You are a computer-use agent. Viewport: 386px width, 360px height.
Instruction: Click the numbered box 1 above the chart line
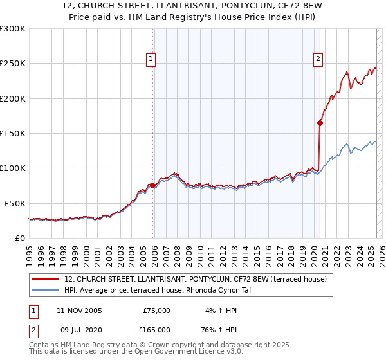(151, 59)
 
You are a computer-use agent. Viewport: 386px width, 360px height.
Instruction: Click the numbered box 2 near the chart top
(318, 59)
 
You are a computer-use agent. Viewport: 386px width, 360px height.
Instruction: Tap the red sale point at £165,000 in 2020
(320, 122)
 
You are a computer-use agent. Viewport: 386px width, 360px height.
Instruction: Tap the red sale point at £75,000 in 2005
(152, 185)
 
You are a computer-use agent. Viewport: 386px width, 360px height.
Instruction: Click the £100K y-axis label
(13, 168)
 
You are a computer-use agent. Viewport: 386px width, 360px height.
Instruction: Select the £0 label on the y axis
(19, 238)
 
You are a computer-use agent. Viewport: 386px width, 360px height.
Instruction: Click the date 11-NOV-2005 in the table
(79, 310)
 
